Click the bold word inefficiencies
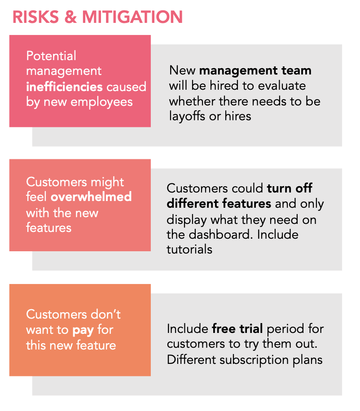[65, 86]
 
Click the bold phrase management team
[255, 70]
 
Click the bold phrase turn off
[289, 188]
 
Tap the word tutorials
[189, 249]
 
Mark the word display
[188, 219]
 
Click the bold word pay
[83, 330]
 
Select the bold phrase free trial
[237, 328]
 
